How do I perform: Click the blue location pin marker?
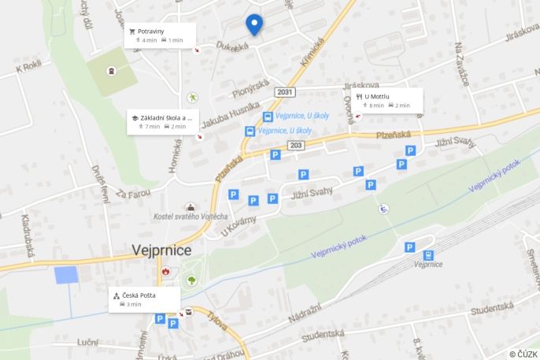click(253, 24)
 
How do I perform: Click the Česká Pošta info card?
click(144, 299)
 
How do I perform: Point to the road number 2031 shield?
click(284, 93)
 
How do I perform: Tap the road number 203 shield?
click(296, 145)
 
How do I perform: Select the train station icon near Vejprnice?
click(428, 254)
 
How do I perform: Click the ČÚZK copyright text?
click(523, 354)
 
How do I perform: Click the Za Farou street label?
click(132, 192)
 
